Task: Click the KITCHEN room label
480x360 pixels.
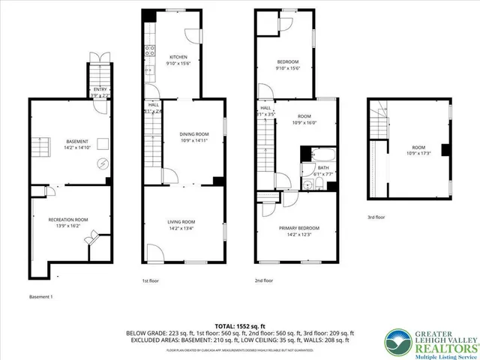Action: pyautogui.click(x=178, y=57)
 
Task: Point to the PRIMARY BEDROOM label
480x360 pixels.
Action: pyautogui.click(x=299, y=228)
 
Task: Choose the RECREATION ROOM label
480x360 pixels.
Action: pyautogui.click(x=68, y=219)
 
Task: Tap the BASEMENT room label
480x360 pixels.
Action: pyautogui.click(x=77, y=142)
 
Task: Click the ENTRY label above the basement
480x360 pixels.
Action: pyautogui.click(x=99, y=89)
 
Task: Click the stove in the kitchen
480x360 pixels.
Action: pyautogui.click(x=149, y=52)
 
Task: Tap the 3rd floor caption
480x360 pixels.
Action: pyautogui.click(x=376, y=217)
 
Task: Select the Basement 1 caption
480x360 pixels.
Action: pyautogui.click(x=41, y=296)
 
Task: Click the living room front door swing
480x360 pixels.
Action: pyautogui.click(x=154, y=253)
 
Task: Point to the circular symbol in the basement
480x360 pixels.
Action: pyautogui.click(x=104, y=163)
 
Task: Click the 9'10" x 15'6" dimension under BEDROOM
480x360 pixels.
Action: pyautogui.click(x=287, y=68)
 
